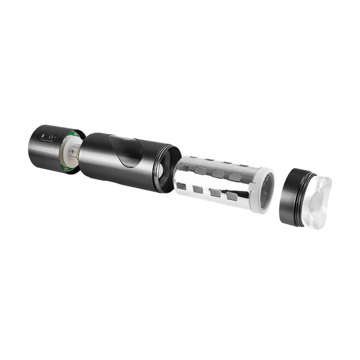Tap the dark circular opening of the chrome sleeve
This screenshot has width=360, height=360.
click(266, 191)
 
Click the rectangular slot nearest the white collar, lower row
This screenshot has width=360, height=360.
click(232, 196)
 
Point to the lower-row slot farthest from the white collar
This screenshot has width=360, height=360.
click(181, 186)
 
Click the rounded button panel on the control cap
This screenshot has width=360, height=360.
click(47, 137)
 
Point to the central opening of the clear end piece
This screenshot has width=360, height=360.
click(317, 202)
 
